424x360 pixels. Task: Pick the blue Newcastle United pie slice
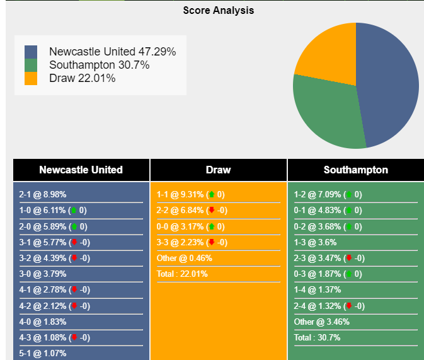tap(387, 85)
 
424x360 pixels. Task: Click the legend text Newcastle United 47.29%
tap(112, 52)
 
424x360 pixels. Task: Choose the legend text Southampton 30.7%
tap(99, 65)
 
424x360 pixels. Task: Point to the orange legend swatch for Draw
tap(31, 78)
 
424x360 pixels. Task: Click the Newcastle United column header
tap(81, 170)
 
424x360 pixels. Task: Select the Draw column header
tap(218, 170)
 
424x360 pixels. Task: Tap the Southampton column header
tap(355, 170)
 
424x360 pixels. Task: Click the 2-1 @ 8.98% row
tap(43, 195)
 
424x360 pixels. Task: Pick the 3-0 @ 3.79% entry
tap(43, 274)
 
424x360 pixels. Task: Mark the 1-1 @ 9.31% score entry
tap(180, 195)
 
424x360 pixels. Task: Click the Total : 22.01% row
tap(182, 274)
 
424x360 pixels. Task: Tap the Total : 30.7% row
tap(317, 337)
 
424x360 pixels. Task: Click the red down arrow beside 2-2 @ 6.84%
tap(212, 211)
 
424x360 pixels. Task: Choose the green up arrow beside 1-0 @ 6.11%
tap(74, 211)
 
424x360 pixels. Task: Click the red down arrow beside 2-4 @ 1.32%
tap(349, 306)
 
